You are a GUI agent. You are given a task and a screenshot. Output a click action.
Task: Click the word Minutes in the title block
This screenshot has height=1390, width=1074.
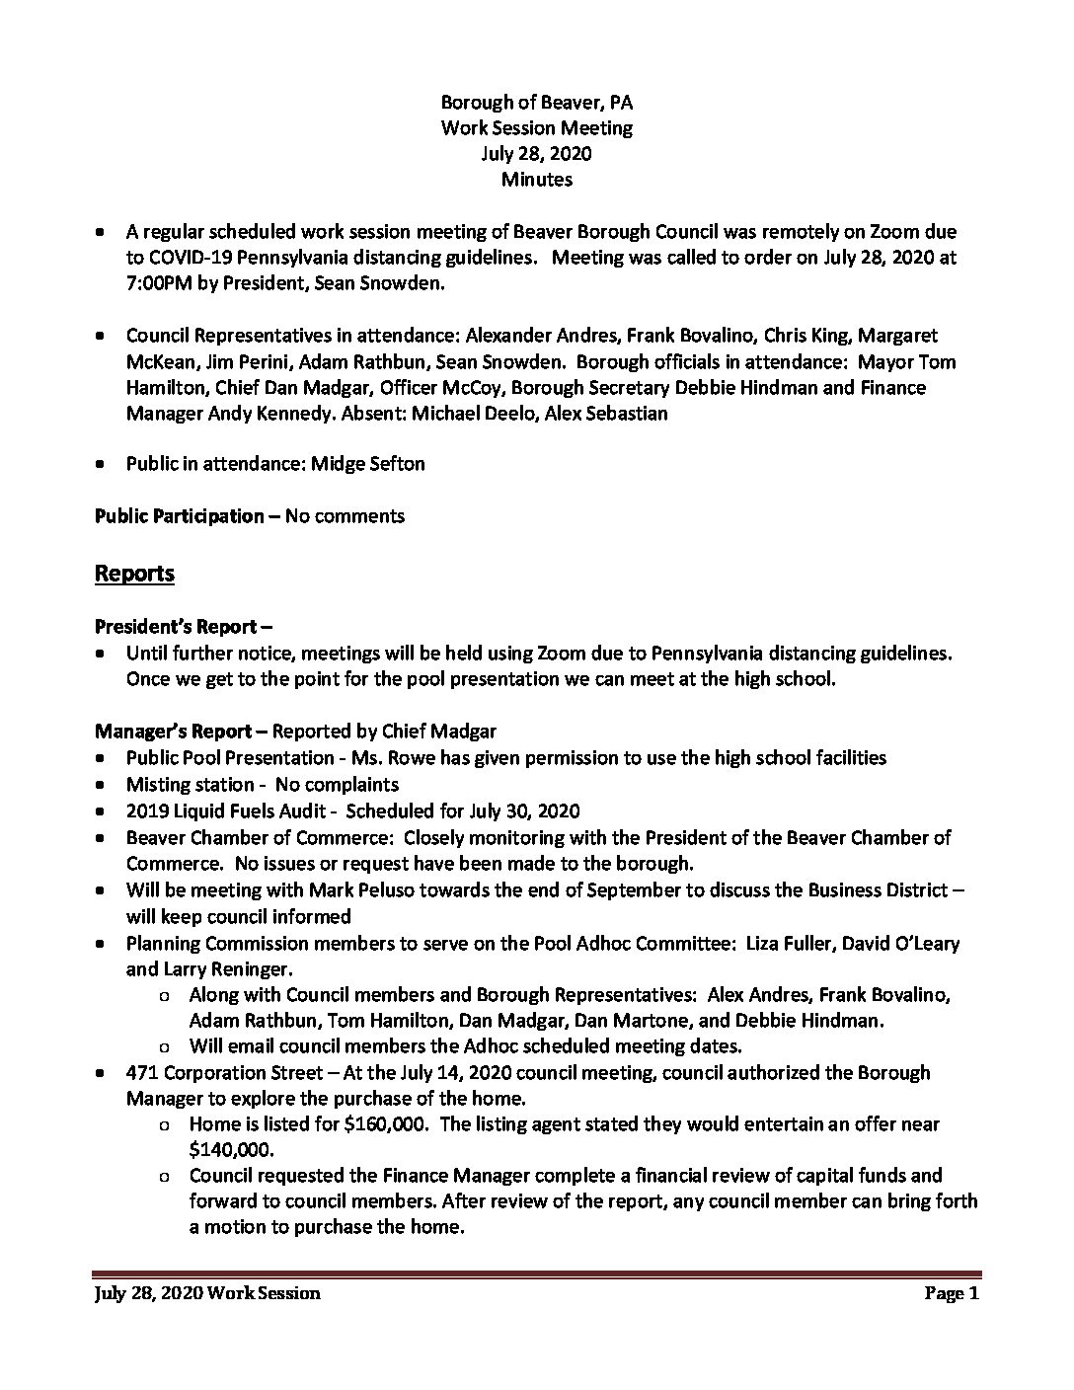[x=536, y=180]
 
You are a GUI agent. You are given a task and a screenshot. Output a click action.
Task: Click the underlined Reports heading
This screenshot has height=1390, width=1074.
[x=134, y=574]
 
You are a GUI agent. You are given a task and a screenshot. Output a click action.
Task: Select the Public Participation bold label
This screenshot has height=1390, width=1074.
[x=180, y=515]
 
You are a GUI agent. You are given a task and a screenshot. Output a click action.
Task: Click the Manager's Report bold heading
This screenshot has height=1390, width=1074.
[x=180, y=732]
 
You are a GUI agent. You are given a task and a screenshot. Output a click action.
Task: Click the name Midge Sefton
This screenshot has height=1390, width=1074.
[x=368, y=463]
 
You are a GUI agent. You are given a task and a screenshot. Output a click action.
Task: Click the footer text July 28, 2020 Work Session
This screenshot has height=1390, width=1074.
[x=207, y=1293]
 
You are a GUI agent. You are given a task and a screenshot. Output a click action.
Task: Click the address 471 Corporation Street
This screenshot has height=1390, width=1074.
[x=228, y=1072]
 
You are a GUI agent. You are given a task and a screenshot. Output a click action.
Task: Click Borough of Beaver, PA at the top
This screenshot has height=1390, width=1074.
[x=536, y=102]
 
